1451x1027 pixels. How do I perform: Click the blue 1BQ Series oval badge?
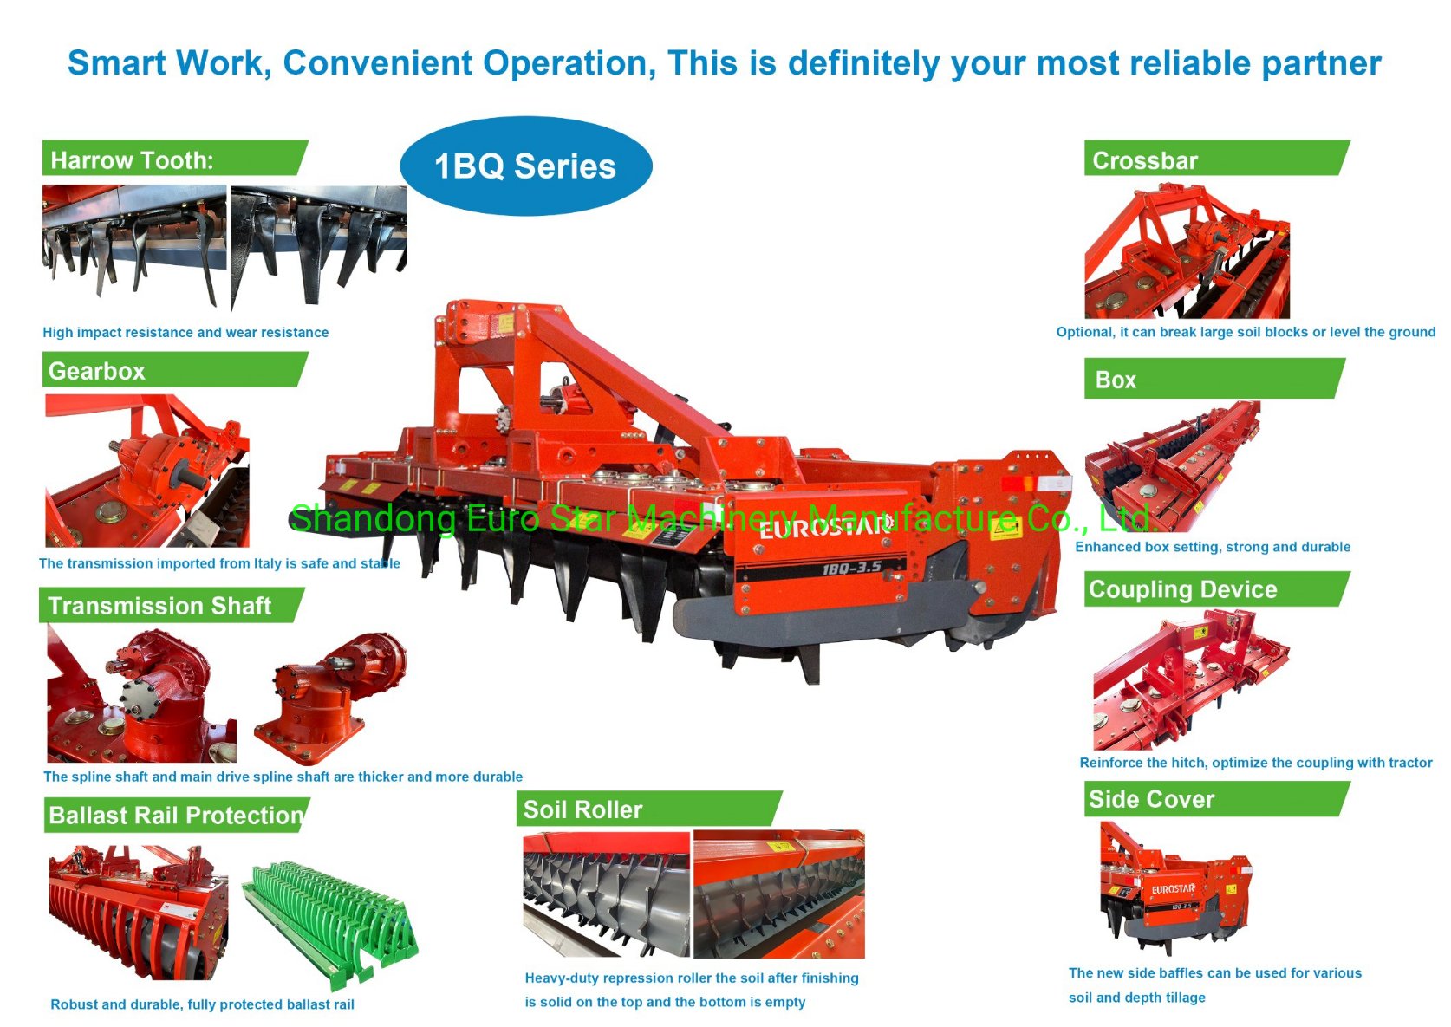[526, 166]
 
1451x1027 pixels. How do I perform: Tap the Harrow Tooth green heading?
[175, 158]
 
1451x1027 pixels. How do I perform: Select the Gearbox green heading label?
[175, 370]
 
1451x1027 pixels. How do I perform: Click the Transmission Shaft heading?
[172, 606]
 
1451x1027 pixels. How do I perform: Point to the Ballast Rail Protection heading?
[177, 815]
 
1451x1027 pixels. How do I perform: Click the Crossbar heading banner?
[1217, 158]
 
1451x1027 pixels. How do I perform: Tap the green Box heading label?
[1214, 379]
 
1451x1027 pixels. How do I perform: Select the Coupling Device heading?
[1217, 589]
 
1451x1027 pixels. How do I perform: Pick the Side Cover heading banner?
[1217, 799]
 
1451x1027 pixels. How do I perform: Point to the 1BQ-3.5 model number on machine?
[851, 568]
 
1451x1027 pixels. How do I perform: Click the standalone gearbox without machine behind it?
[329, 698]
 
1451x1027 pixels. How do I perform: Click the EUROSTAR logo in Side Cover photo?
[1173, 889]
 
